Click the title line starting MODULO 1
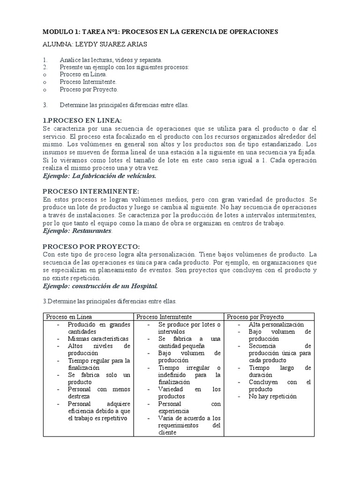pyautogui.click(x=160, y=31)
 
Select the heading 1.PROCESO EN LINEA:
pyautogui.click(x=82, y=120)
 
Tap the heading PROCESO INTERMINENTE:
pyautogui.click(x=90, y=191)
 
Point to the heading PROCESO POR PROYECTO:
pyautogui.click(x=91, y=247)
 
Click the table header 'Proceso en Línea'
pyautogui.click(x=69, y=317)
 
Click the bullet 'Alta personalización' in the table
pyautogui.click(x=276, y=324)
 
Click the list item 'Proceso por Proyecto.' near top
pyautogui.click(x=89, y=89)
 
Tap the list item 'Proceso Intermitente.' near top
pyautogui.click(x=88, y=82)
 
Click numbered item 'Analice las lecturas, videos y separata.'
pyautogui.click(x=111, y=60)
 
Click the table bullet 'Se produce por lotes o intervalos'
pyautogui.click(x=189, y=328)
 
